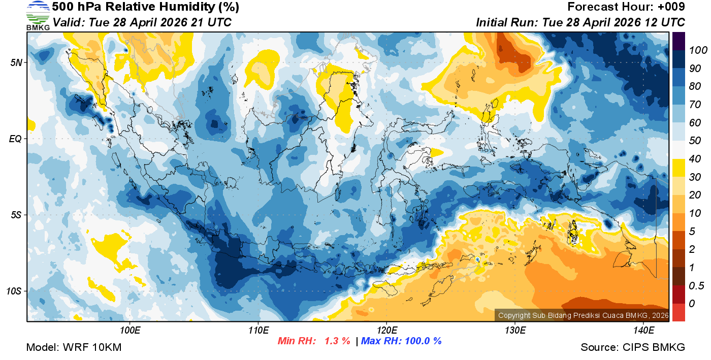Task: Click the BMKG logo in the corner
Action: tap(38, 15)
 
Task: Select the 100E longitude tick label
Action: tap(131, 331)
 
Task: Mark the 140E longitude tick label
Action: tap(643, 331)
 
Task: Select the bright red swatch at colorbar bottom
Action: tap(678, 312)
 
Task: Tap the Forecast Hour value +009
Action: tap(671, 7)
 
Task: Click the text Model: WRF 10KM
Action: tap(74, 348)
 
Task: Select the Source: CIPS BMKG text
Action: tap(633, 348)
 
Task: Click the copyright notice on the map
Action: tap(582, 315)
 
